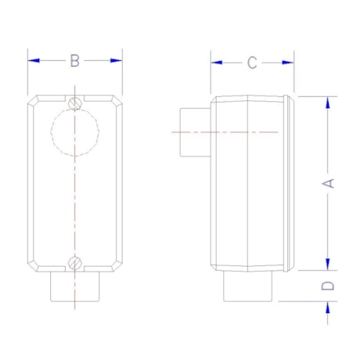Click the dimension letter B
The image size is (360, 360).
(x=75, y=60)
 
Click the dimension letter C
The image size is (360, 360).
(x=252, y=63)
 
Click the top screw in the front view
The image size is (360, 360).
(x=75, y=103)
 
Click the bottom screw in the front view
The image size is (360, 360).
(x=75, y=263)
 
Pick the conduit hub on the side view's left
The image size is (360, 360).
(x=193, y=132)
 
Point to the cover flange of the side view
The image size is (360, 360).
(x=292, y=182)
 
